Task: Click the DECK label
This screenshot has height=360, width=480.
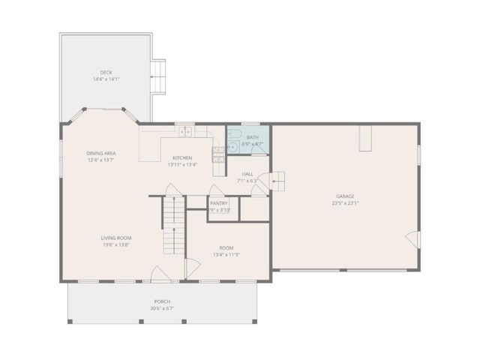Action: [106, 73]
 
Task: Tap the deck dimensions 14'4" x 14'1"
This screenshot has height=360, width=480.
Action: [106, 79]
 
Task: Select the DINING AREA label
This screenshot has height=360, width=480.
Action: [101, 153]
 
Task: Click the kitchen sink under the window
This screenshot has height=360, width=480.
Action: [184, 132]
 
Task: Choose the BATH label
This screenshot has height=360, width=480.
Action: [253, 137]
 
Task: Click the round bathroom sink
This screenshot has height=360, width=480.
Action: [232, 147]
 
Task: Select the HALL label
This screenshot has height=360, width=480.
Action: [247, 174]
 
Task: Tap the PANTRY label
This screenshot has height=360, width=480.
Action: [219, 203]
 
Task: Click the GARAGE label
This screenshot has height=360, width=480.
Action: [345, 197]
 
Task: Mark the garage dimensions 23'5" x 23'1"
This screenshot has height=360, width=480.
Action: [345, 203]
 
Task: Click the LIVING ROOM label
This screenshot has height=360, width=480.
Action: [116, 238]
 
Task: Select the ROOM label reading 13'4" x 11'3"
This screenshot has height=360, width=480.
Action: [226, 248]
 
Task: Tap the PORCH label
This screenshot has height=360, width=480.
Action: [162, 301]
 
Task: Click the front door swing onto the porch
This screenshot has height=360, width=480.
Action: [159, 274]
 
